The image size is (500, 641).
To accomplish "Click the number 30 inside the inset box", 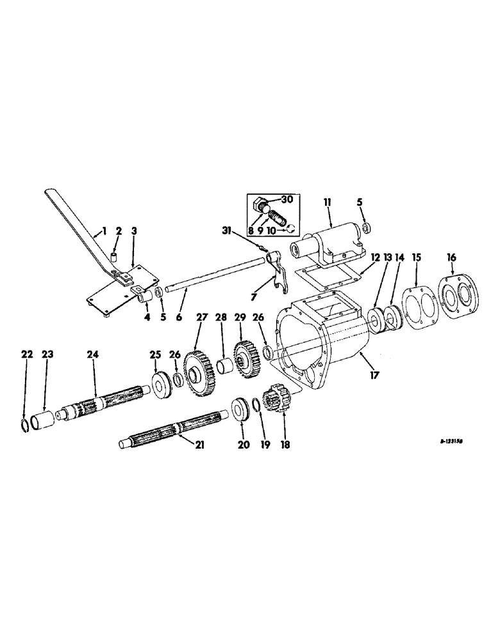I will (x=287, y=200).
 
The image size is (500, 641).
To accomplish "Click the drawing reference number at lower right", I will (x=452, y=442).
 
